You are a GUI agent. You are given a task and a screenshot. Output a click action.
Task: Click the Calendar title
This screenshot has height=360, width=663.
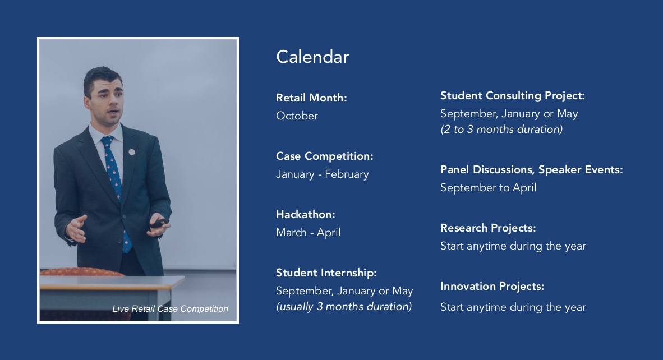(312, 57)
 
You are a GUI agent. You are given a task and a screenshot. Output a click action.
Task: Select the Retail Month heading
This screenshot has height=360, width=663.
(312, 98)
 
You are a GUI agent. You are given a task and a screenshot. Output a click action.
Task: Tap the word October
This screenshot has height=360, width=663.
(297, 116)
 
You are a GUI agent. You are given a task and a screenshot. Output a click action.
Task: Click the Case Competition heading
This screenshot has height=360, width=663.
(325, 156)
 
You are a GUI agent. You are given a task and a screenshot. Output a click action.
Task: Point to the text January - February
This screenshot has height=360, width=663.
(323, 174)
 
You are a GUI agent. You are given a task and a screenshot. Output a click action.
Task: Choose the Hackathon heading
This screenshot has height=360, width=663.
(306, 215)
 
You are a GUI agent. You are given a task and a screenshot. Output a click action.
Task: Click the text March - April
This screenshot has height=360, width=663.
(309, 232)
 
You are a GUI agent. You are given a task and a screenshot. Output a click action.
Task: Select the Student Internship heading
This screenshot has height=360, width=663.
(326, 273)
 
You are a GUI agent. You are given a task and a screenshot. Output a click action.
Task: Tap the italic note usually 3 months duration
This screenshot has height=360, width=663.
(344, 306)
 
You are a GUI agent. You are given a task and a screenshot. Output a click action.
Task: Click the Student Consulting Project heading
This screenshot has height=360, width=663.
(513, 96)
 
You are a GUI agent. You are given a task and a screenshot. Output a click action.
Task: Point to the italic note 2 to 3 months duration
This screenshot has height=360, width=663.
(502, 130)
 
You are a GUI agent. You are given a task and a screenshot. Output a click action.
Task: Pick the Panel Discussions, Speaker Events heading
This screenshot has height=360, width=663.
(532, 170)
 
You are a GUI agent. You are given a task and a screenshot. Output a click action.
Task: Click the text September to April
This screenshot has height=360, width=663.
(489, 188)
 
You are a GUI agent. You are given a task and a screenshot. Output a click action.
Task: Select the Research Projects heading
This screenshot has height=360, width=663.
(489, 228)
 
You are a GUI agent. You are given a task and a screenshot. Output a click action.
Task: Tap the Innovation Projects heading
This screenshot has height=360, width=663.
(492, 287)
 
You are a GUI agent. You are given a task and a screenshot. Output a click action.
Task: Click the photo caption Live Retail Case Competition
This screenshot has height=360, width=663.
(171, 309)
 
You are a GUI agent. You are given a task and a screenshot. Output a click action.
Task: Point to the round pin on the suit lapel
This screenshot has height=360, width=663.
(132, 152)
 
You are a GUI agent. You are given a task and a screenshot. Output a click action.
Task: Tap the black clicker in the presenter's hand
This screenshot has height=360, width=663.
(160, 223)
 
